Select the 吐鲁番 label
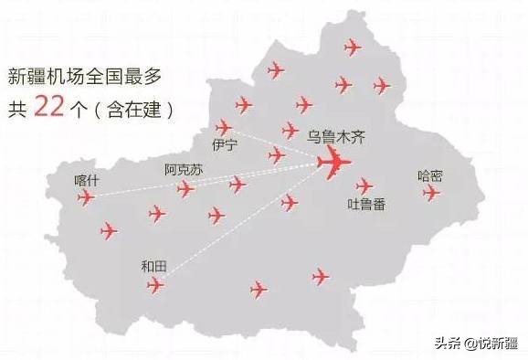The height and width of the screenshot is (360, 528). point(366,204)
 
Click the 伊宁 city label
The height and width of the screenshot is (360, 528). point(225,145)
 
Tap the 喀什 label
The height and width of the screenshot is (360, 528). point(87,180)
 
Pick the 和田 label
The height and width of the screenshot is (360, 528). point(154,266)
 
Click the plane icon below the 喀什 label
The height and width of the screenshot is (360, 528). point(86,196)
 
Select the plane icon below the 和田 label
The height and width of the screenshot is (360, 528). point(156,285)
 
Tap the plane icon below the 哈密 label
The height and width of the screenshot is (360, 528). point(431,193)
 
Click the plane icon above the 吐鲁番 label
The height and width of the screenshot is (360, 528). point(364,185)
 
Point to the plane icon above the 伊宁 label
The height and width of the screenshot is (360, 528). point(223,127)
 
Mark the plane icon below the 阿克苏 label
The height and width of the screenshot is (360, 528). point(185,188)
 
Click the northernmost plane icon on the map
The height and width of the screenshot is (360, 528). point(353,47)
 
